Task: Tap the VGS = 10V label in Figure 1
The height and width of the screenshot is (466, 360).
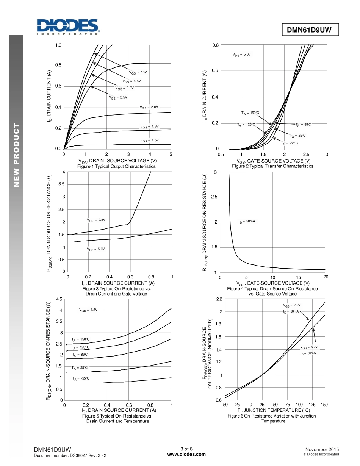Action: click(x=138, y=72)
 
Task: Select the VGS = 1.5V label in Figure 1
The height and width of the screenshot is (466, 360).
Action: click(x=150, y=141)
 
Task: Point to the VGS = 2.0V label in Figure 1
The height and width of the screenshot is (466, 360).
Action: click(x=149, y=107)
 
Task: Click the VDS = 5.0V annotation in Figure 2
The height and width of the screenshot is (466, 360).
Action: click(x=242, y=55)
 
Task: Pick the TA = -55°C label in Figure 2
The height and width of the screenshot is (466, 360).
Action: click(x=290, y=143)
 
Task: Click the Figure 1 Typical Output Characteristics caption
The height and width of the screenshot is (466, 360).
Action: click(x=116, y=166)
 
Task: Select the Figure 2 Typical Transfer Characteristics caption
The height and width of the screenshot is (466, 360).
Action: click(x=272, y=166)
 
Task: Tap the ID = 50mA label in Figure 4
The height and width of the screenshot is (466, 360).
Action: click(x=247, y=221)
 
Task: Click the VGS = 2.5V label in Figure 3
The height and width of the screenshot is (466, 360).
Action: click(x=96, y=220)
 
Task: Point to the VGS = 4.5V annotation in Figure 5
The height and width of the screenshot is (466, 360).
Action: click(x=88, y=310)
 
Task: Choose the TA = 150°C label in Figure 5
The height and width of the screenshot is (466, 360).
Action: click(x=80, y=339)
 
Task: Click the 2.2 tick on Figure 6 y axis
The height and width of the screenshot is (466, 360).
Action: click(x=219, y=299)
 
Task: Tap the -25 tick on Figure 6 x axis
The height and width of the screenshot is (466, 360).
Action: click(x=237, y=405)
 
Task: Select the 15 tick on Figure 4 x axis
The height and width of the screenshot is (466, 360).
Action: click(x=299, y=277)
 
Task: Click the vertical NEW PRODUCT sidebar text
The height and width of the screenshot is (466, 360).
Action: click(x=16, y=155)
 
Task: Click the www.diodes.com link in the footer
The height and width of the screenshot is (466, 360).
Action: click(x=186, y=455)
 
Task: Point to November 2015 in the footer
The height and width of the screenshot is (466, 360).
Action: click(x=322, y=449)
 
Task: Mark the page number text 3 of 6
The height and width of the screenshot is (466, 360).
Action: click(x=186, y=449)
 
